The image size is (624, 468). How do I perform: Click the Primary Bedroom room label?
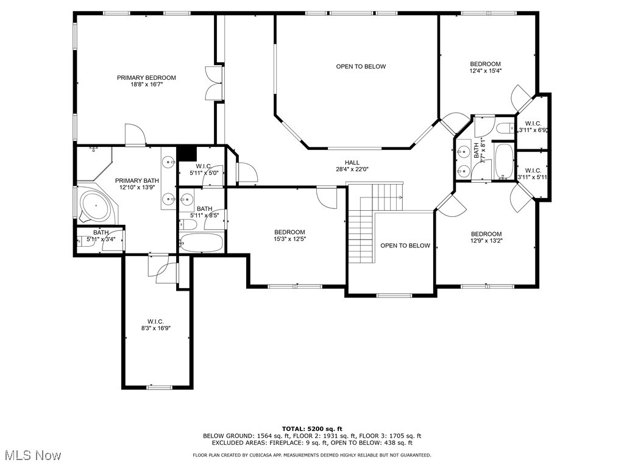[x=146, y=77]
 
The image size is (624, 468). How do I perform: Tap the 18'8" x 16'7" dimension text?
[x=147, y=84]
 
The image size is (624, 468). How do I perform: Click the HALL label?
[x=352, y=162]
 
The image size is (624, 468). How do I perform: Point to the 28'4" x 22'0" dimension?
[x=352, y=169]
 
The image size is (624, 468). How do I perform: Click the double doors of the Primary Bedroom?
[x=214, y=83]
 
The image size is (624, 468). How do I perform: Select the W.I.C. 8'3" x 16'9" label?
[x=155, y=325]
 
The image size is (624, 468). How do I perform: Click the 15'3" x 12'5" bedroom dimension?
[x=289, y=239]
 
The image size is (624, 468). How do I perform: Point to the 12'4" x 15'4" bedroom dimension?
[x=486, y=71]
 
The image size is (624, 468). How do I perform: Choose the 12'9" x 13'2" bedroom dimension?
[x=486, y=241]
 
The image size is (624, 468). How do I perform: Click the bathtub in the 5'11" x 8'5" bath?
[x=201, y=243]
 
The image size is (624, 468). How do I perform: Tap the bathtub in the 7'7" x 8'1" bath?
[x=504, y=161]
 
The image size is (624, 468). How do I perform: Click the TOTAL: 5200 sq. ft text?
[x=312, y=428]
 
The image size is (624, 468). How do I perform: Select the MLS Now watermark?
[x=31, y=455]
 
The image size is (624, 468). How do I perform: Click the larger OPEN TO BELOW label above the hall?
[x=361, y=66]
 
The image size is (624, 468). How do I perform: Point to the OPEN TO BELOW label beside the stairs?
[x=405, y=246]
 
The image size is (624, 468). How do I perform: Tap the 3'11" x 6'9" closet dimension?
[x=533, y=130]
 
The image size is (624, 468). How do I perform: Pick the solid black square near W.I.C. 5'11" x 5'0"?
[x=186, y=153]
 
